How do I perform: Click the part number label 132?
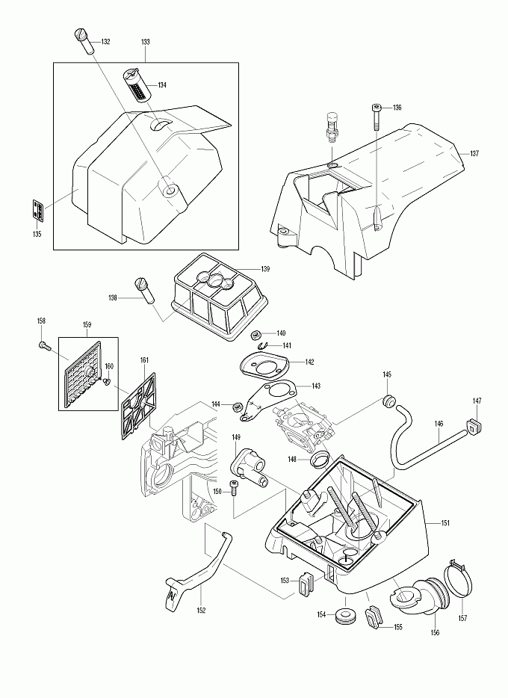pyautogui.click(x=105, y=42)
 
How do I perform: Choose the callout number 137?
pyautogui.click(x=474, y=153)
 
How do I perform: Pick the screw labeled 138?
pyautogui.click(x=143, y=288)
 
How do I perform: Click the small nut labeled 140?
pyautogui.click(x=255, y=334)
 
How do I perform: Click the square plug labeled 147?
pyautogui.click(x=473, y=426)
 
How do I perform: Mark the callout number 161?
pyautogui.click(x=144, y=360)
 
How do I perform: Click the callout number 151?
pyautogui.click(x=445, y=523)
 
